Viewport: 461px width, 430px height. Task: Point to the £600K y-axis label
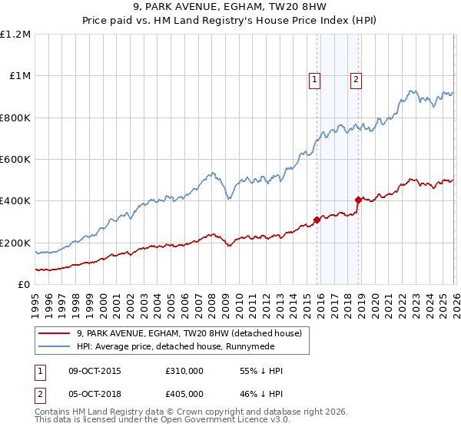pyautogui.click(x=15, y=160)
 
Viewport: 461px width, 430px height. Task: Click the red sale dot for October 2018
pyautogui.click(x=358, y=200)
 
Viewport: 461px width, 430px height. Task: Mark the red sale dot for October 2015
pyautogui.click(x=317, y=220)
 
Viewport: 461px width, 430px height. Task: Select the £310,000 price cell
pyautogui.click(x=183, y=371)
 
